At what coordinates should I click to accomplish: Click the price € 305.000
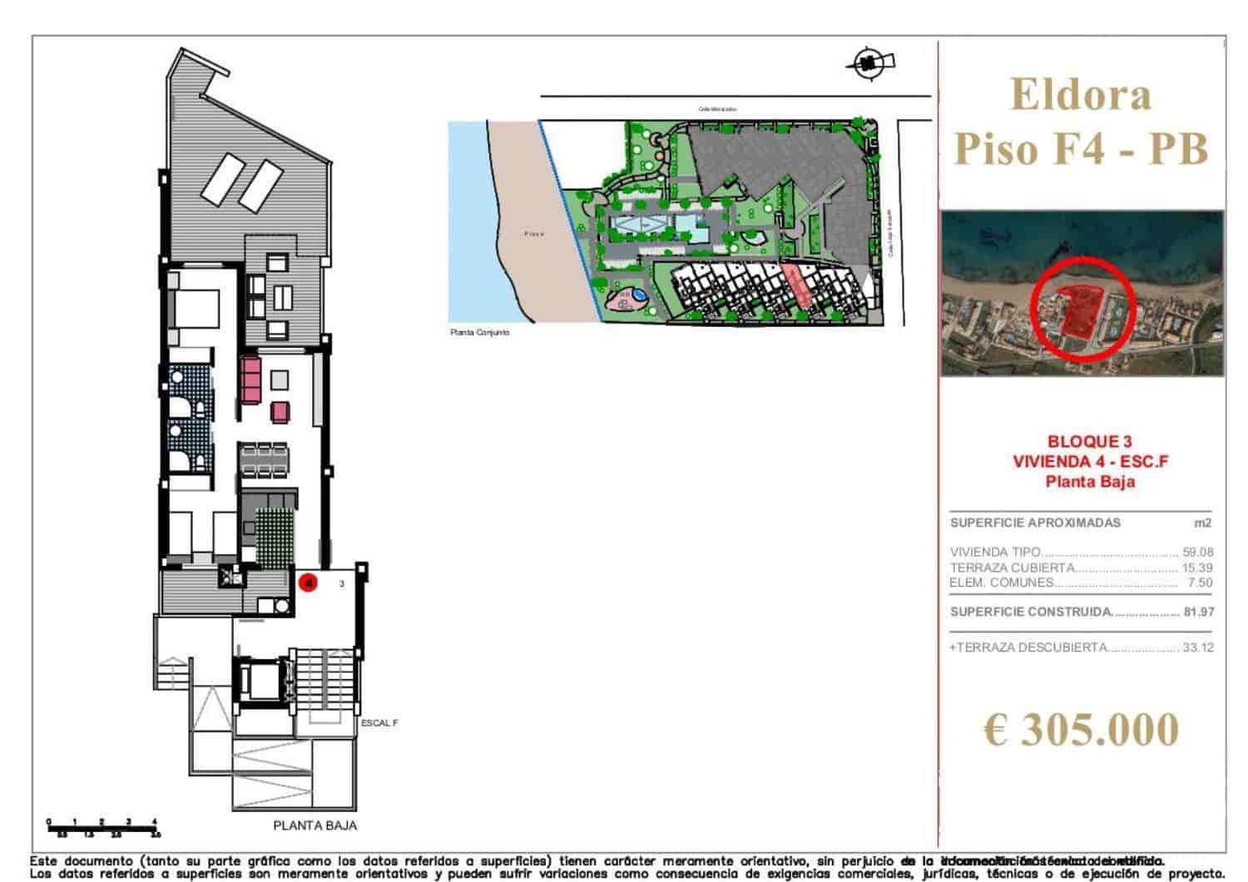(x=1081, y=730)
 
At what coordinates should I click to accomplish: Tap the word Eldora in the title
(x=1081, y=94)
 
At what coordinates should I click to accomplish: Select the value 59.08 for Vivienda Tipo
(x=1197, y=552)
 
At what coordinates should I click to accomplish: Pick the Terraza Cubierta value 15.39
(x=1197, y=567)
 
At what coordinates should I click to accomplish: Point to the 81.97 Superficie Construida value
(x=1198, y=612)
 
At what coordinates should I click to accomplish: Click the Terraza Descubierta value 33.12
(x=1197, y=647)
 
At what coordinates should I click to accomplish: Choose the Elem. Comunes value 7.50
(x=1200, y=582)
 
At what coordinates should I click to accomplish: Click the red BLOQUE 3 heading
(x=1090, y=442)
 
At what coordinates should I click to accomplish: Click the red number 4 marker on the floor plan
(x=309, y=583)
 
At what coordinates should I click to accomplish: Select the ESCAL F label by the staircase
(x=379, y=723)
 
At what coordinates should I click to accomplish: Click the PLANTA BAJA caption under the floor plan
(x=314, y=825)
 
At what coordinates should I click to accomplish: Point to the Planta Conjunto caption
(x=479, y=333)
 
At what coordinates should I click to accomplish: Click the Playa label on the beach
(x=534, y=234)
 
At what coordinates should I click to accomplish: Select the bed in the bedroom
(x=196, y=309)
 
